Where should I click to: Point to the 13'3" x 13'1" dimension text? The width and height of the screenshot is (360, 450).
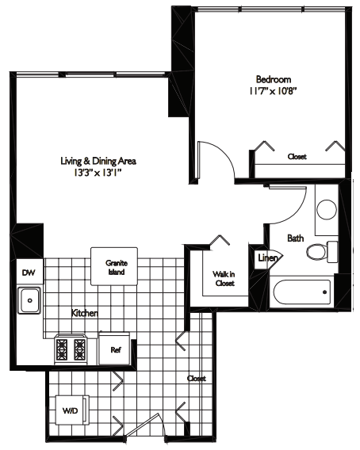pyautogui.click(x=94, y=171)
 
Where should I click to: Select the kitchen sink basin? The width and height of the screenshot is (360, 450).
pyautogui.click(x=30, y=300)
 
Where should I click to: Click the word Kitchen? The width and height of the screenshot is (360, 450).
pyautogui.click(x=84, y=314)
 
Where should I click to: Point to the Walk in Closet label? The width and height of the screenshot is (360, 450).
pyautogui.click(x=223, y=279)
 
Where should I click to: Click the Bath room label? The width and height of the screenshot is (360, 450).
pyautogui.click(x=295, y=237)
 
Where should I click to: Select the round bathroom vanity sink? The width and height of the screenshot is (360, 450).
pyautogui.click(x=326, y=209)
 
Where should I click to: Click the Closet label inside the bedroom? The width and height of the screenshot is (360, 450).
pyautogui.click(x=297, y=157)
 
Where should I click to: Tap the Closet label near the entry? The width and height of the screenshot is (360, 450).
pyautogui.click(x=196, y=379)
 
